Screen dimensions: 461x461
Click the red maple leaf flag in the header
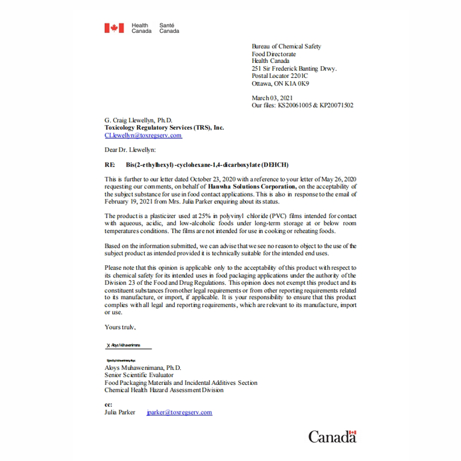(x=114, y=28)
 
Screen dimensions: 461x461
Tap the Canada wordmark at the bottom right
(x=332, y=436)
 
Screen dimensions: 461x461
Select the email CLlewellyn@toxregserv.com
(x=143, y=135)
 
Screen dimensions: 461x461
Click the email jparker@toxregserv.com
(x=179, y=413)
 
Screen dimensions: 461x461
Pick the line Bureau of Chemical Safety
(x=286, y=46)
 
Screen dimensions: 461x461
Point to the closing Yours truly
(x=119, y=327)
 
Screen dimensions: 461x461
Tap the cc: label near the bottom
(x=108, y=405)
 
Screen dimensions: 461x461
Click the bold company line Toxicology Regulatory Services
(x=164, y=128)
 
